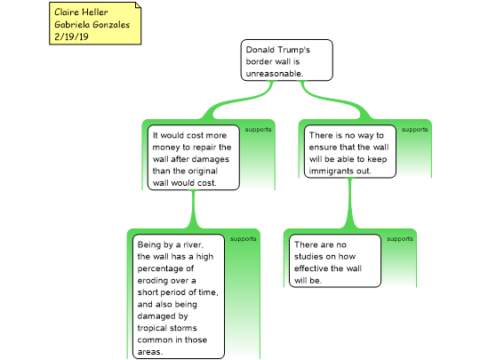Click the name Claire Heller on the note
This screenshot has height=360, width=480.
81,12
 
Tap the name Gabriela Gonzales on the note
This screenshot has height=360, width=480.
92,24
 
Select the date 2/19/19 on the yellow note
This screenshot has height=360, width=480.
71,36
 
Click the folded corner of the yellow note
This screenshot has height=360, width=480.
138,5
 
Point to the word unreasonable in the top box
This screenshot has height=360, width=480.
275,74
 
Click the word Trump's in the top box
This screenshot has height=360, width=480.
294,50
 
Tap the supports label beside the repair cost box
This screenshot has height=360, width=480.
258,130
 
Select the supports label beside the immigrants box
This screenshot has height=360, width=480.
415,130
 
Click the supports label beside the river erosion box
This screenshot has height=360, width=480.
244,239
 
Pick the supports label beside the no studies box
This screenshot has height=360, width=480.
400,239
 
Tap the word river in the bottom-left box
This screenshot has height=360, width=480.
193,245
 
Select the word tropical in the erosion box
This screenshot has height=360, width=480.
155,328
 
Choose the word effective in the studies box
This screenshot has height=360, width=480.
311,268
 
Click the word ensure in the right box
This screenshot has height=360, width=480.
323,148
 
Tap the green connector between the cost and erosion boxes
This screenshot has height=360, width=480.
193,210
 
